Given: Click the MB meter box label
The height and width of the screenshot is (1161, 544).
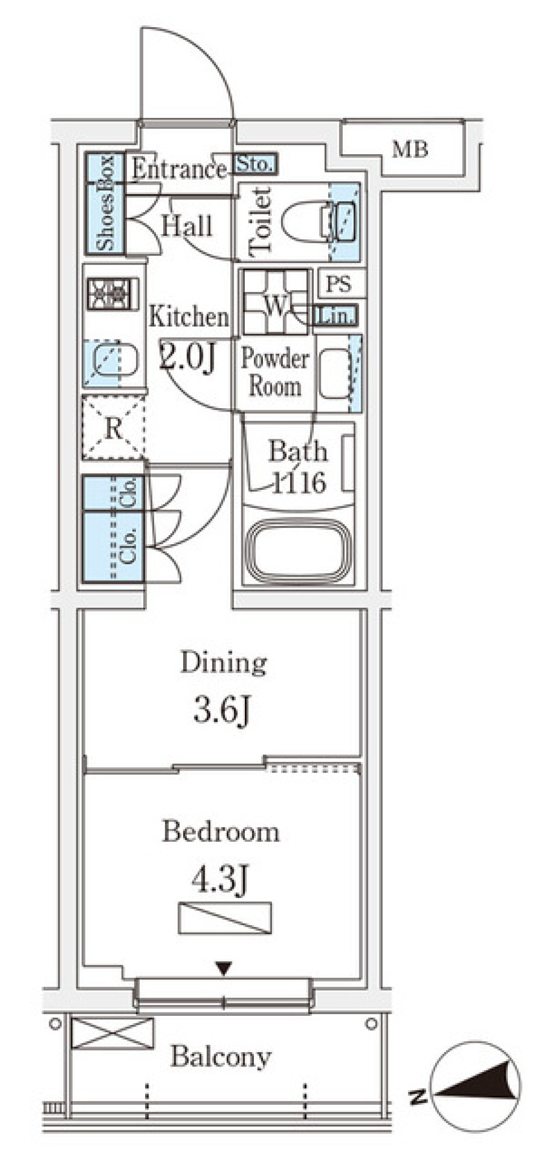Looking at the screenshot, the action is [410, 150].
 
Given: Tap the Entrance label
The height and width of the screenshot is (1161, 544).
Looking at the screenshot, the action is [179, 168].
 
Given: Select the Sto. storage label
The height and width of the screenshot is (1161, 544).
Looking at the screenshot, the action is [255, 164].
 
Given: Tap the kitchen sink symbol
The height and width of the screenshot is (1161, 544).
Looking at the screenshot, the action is [111, 363].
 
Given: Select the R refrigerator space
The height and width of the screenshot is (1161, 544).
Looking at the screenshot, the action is [113, 427].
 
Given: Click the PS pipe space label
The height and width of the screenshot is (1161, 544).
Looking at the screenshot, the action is [339, 283].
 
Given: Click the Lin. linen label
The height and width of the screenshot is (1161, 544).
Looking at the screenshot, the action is [336, 316].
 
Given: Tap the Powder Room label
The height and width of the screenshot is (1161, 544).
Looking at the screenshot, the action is [275, 372].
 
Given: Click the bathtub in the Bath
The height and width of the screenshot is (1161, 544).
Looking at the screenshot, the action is [299, 550].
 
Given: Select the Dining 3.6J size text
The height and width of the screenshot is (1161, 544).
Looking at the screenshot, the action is [223, 687].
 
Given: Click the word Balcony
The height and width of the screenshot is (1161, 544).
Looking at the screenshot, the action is [222, 1057].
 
